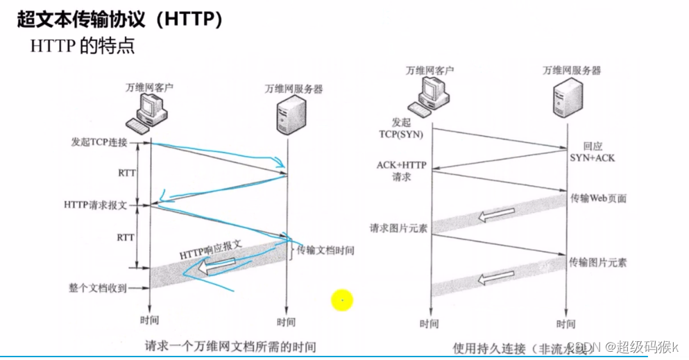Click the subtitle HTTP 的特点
click(x=83, y=46)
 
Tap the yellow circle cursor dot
click(x=342, y=300)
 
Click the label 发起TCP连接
click(x=99, y=142)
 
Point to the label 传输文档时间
click(x=325, y=250)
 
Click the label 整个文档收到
click(x=98, y=288)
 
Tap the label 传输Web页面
click(x=598, y=198)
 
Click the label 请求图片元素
click(x=398, y=228)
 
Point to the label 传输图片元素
click(x=598, y=263)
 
